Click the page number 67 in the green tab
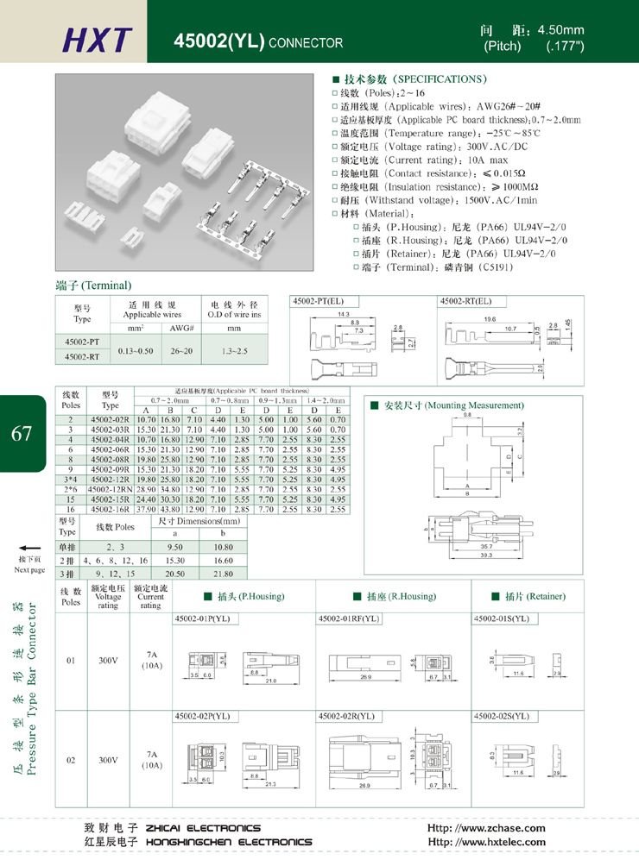(22, 433)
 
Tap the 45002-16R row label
(111, 510)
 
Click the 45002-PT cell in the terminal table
(82, 342)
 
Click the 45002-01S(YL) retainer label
(501, 618)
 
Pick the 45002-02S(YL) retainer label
(501, 716)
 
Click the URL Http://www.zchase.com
(486, 828)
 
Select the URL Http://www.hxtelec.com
(486, 842)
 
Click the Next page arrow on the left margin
(29, 549)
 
